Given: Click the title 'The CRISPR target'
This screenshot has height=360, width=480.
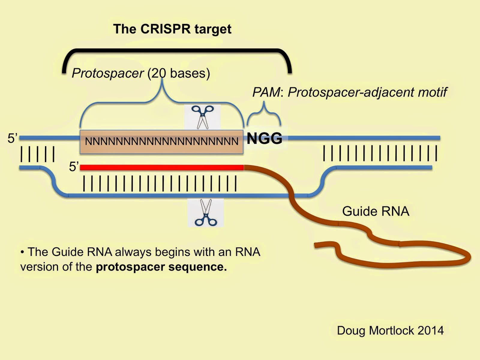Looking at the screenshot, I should pos(172,29).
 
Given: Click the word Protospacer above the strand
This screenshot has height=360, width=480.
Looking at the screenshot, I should pos(108,73).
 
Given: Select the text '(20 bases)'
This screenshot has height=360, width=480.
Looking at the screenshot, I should pos(179,73).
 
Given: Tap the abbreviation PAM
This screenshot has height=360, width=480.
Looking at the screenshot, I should pos(266,92).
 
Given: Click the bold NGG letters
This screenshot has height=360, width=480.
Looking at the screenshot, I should pos(264,138).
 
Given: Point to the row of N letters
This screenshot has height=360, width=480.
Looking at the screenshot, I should pos(161,141).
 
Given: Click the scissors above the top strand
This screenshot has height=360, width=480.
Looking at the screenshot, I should pos(203,117).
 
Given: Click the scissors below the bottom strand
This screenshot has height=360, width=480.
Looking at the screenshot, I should pos(205,213).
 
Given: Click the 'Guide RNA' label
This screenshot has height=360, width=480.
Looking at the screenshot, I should pos(376,211).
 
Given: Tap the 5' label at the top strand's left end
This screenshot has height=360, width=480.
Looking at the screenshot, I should pos(13,138).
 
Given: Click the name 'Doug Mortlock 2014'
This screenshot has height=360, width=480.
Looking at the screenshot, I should pos(390,330).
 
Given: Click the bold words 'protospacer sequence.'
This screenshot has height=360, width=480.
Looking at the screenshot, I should pos(161,267).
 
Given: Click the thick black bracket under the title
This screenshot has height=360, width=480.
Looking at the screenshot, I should pos(177,52).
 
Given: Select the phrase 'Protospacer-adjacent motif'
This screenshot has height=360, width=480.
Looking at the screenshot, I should pos(367,92).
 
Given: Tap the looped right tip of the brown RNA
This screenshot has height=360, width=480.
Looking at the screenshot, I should pos(468,257).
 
